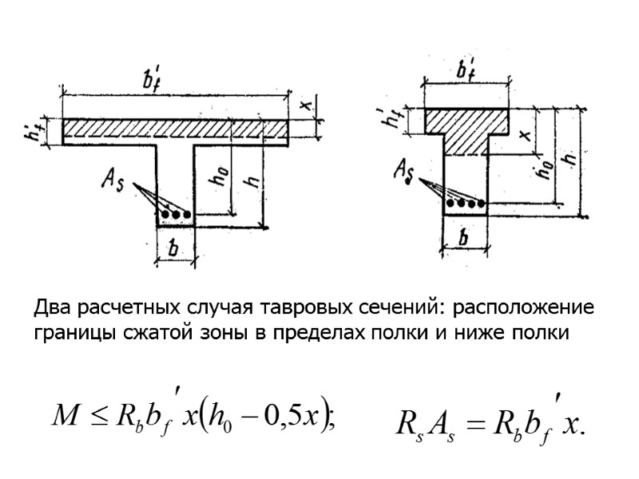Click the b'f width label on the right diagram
tap(467, 67)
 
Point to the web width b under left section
tap(176, 249)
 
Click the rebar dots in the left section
tap(176, 215)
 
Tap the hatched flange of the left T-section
tap(176, 129)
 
